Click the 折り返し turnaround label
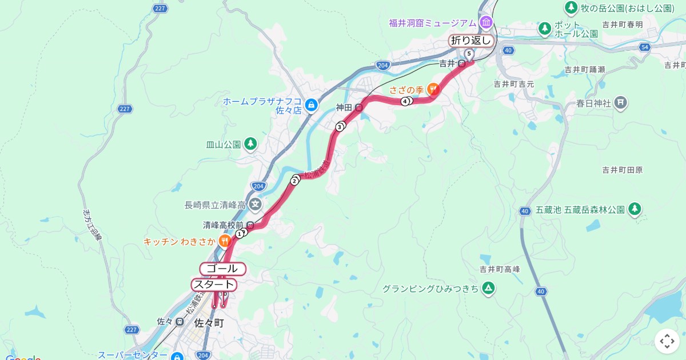[471, 40]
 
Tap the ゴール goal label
[222, 269]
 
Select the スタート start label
[213, 285]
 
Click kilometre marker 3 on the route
[340, 127]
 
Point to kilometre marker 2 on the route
[294, 181]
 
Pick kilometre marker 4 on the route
[405, 102]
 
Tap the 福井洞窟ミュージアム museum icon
[486, 23]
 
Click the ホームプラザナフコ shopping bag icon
[311, 105]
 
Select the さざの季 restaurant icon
[433, 90]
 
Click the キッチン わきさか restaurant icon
[224, 242]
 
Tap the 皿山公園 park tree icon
[250, 144]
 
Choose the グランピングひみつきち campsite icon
[488, 289]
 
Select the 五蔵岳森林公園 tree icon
[634, 210]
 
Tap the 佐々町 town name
[209, 323]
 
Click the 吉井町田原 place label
[623, 170]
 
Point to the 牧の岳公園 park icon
[571, 8]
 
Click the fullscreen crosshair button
[667, 341]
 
